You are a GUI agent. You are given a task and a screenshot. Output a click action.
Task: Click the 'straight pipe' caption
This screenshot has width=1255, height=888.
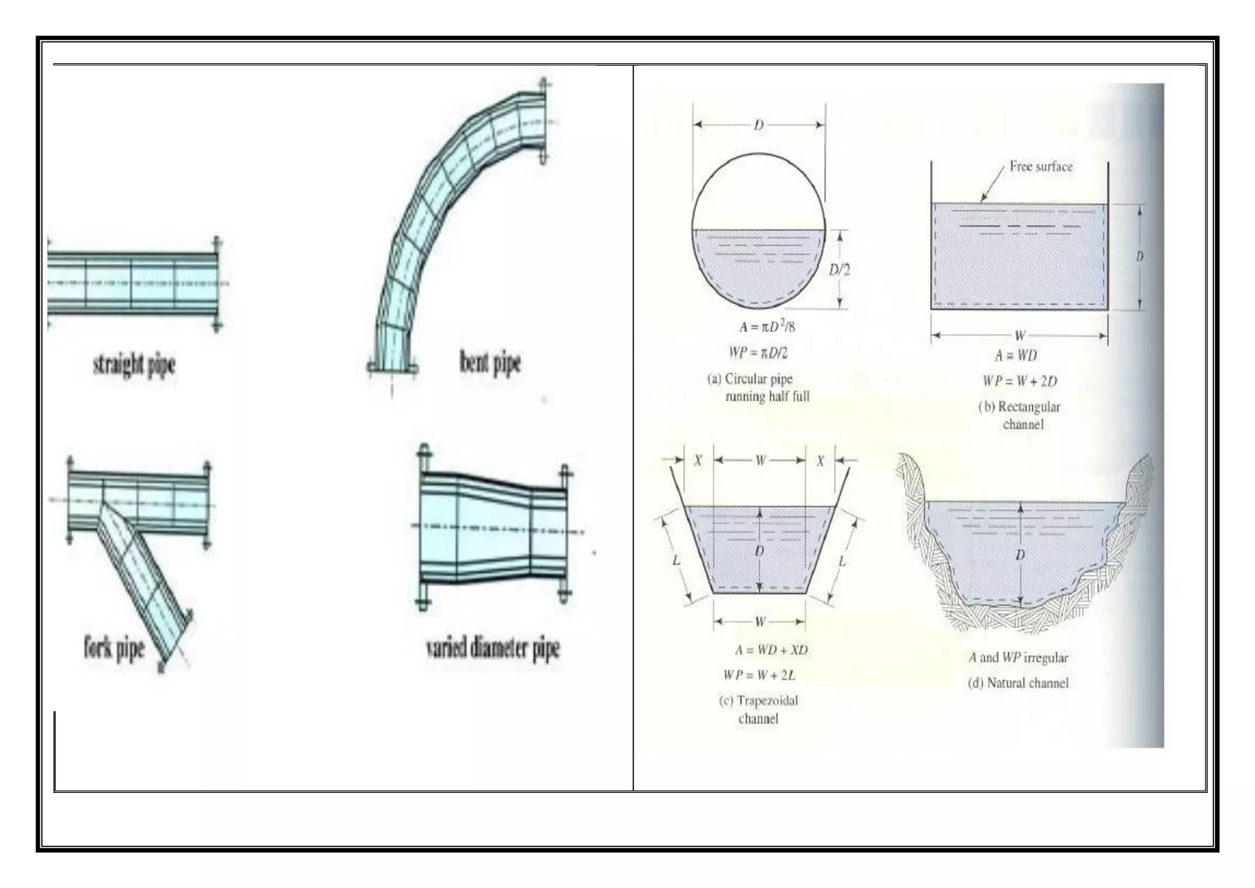click(134, 365)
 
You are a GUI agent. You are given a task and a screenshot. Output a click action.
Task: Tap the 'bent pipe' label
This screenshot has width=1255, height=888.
click(490, 362)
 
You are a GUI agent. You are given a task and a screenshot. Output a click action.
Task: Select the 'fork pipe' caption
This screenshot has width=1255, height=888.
click(114, 648)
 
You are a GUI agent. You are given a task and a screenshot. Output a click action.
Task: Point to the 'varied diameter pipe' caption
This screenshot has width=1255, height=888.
click(493, 648)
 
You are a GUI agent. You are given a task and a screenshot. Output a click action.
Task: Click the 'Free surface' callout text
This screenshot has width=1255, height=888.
click(1041, 167)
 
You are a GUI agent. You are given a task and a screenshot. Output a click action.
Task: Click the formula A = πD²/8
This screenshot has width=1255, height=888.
click(767, 327)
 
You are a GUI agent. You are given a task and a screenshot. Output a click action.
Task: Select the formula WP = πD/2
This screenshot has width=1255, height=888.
click(758, 353)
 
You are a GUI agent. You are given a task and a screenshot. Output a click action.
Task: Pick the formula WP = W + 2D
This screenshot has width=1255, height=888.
click(1020, 381)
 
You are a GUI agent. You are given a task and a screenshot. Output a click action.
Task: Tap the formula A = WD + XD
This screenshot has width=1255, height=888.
click(771, 649)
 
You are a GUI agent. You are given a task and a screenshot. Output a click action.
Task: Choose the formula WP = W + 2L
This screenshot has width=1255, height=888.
click(759, 675)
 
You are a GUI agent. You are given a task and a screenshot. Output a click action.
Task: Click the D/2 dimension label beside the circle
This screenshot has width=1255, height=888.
click(839, 270)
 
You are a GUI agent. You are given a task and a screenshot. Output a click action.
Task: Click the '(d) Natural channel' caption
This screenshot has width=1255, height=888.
click(1018, 683)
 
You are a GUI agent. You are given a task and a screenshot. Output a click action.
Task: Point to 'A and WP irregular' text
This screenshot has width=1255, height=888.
click(1018, 657)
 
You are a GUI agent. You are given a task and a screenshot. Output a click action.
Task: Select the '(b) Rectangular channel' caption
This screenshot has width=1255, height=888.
click(1020, 415)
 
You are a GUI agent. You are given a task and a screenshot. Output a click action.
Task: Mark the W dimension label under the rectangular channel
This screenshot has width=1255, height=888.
click(1020, 335)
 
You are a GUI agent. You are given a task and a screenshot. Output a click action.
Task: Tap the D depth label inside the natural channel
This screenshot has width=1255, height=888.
click(1020, 555)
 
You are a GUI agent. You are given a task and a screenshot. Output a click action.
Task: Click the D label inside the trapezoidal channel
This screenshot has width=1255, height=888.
click(759, 551)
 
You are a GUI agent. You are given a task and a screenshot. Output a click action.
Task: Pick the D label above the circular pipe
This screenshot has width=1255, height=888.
click(759, 125)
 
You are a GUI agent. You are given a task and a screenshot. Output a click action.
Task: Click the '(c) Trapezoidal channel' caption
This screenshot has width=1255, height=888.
click(759, 710)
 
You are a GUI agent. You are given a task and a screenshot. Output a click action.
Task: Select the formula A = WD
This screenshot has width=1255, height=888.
click(1015, 356)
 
